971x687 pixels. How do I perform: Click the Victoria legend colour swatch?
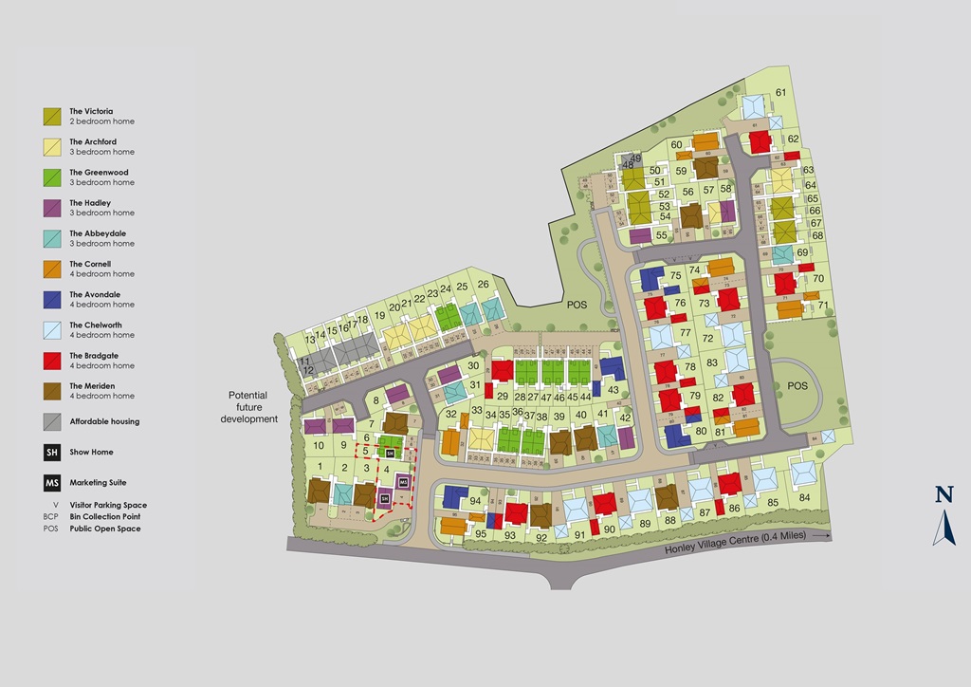pos(53,117)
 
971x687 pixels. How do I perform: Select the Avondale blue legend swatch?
pos(53,300)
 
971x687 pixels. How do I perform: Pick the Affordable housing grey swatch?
pos(53,421)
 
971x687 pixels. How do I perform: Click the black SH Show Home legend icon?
pos(53,453)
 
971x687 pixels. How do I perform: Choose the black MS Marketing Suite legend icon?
pos(53,483)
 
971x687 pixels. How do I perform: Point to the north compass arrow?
pos(944,528)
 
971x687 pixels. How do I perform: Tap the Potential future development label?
pos(248,406)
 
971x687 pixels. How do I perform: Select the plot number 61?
pos(781,92)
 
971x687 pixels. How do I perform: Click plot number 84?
pos(804,497)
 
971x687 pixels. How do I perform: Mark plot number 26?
pos(483,284)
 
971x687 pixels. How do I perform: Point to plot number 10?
pos(319,445)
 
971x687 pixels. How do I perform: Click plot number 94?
pos(475,500)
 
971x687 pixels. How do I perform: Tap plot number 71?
pos(823,305)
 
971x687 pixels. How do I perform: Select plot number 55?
pos(661,234)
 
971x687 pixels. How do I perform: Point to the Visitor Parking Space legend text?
pos(108,505)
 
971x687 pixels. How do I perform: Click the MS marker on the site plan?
pos(403,482)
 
